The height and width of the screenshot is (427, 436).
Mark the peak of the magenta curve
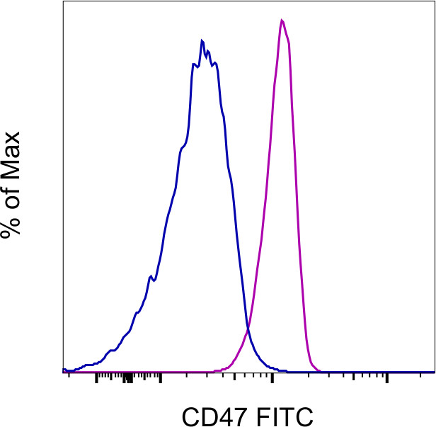click(282, 20)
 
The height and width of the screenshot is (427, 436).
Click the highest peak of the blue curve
click(202, 40)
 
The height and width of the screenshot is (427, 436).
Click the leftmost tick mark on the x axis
click(69, 375)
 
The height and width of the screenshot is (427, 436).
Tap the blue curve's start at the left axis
click(64, 369)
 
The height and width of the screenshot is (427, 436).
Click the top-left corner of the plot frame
click(63, 1)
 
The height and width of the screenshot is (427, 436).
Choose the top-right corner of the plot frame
click(433, 1)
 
